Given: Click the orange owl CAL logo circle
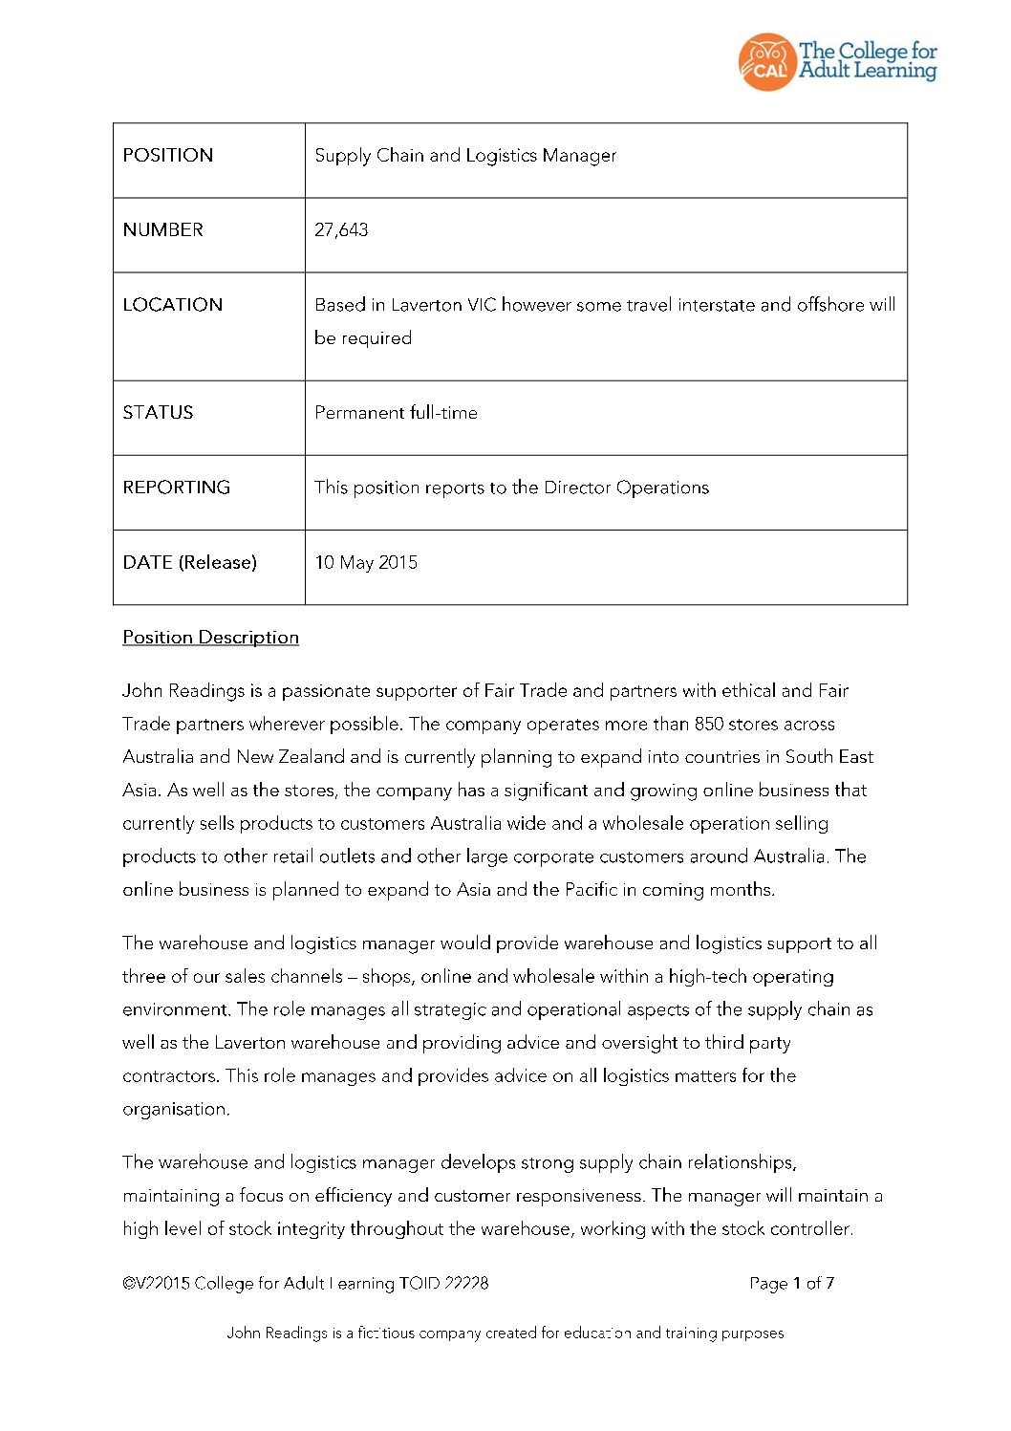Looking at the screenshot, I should click(766, 62).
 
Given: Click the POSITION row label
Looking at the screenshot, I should click(168, 156).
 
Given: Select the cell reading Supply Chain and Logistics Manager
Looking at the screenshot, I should click(465, 156).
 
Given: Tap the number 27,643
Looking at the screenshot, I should click(341, 230).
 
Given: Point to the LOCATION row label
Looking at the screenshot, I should click(173, 305).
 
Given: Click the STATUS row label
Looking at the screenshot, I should click(158, 413).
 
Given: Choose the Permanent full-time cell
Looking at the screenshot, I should click(396, 413).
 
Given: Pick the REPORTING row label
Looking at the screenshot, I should click(177, 488).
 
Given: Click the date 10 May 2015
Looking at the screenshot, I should click(366, 563).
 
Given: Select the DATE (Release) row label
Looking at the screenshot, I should click(190, 563).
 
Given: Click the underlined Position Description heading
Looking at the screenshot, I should click(210, 638).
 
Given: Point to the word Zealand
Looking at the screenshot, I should click(312, 757).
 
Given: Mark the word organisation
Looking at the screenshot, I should click(176, 1110).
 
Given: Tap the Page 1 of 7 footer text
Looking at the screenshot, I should click(791, 1284).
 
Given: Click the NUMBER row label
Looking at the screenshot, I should click(163, 230).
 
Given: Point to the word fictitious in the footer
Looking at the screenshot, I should click(386, 1333).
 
